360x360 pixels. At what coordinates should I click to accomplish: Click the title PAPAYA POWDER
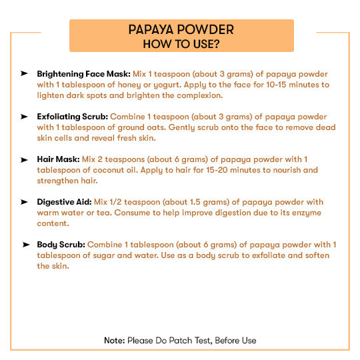coord(181,30)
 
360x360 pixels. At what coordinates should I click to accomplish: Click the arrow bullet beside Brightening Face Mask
coord(25,73)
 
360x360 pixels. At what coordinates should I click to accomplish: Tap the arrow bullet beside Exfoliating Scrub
coord(25,116)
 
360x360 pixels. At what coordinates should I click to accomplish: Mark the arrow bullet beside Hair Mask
coord(25,159)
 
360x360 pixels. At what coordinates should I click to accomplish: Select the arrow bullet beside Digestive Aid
coord(25,201)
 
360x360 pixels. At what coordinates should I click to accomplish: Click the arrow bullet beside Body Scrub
coord(25,244)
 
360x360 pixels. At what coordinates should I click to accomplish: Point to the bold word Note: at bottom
coord(114,341)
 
